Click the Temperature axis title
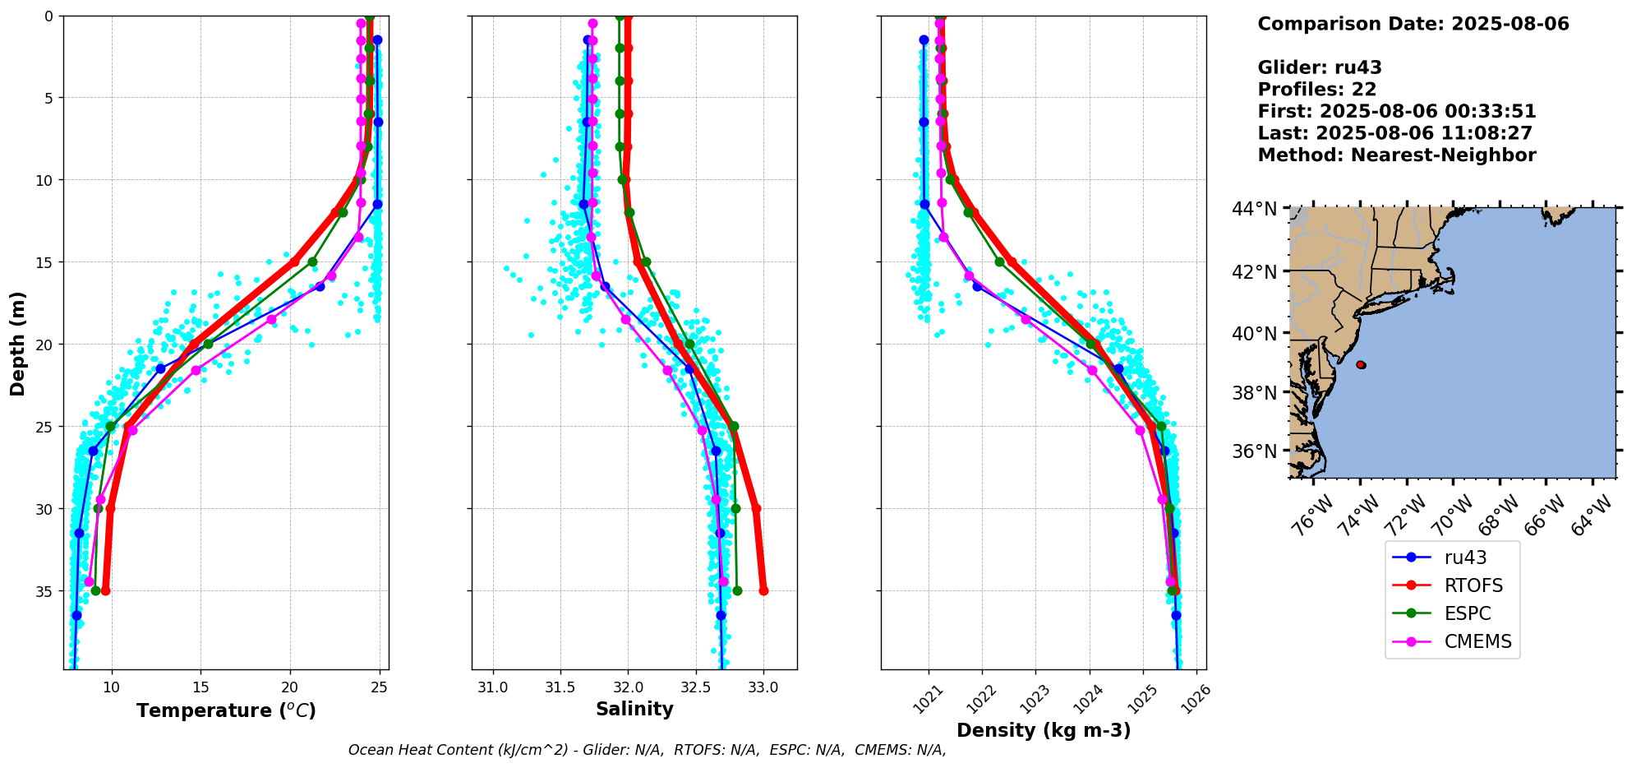point(226,710)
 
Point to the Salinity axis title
point(634,709)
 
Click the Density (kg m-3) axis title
point(1044,730)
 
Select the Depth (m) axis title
point(17,344)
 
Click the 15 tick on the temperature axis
point(200,687)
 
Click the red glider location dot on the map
point(1361,364)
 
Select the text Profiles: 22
point(1316,90)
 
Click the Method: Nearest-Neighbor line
point(1396,155)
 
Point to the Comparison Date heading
point(1413,24)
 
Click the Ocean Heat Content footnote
point(647,750)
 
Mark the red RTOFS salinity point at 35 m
point(763,590)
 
